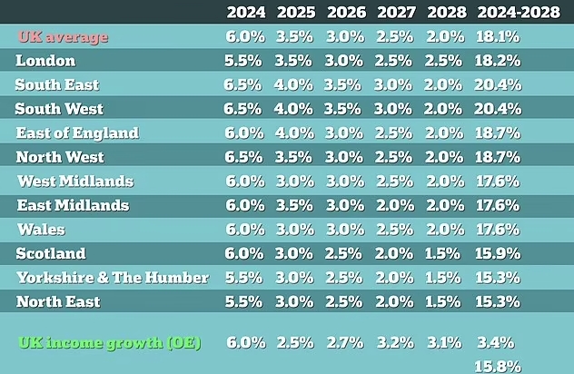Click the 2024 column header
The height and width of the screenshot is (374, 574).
click(x=245, y=13)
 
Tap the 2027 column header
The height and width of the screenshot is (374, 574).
click(x=396, y=13)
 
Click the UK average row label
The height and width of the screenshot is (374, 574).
click(x=63, y=37)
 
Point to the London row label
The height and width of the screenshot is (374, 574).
click(x=45, y=61)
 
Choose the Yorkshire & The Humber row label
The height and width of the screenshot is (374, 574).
click(x=113, y=278)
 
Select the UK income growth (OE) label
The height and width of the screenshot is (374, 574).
click(x=110, y=343)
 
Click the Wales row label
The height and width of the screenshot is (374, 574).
click(x=41, y=230)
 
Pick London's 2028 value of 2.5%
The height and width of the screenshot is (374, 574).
click(x=445, y=61)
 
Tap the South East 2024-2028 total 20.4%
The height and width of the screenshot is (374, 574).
click(x=498, y=85)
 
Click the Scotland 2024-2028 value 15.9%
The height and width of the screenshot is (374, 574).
click(x=498, y=253)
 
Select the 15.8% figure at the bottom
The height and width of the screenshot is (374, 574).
click(x=498, y=367)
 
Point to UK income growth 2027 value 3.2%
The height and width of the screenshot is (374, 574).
click(x=396, y=343)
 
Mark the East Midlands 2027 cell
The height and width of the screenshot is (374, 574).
click(x=396, y=205)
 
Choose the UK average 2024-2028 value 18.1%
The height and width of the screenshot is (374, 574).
click(x=498, y=37)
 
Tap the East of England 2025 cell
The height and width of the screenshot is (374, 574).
click(x=295, y=133)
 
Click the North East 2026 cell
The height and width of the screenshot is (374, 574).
click(x=345, y=301)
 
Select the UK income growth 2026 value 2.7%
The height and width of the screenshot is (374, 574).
click(x=345, y=343)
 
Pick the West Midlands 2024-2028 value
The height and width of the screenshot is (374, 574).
click(x=498, y=181)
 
